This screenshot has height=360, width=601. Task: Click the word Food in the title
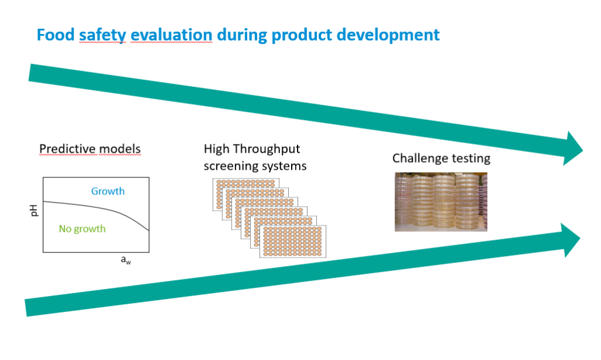tap(55, 35)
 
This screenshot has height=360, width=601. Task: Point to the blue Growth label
tap(108, 191)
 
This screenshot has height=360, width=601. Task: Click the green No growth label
tap(82, 229)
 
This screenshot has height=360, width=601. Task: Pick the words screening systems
tap(255, 166)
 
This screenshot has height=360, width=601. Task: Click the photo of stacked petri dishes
tap(440, 201)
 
